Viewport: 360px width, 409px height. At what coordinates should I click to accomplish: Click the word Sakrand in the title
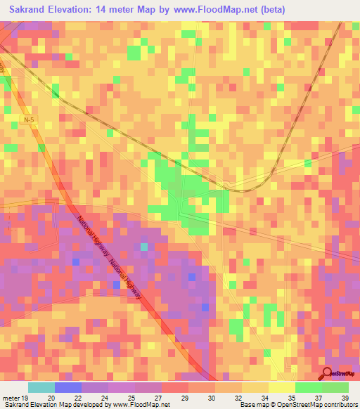(30, 9)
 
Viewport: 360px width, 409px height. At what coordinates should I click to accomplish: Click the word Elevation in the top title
(80, 9)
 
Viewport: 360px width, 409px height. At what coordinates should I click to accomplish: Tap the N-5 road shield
(27, 122)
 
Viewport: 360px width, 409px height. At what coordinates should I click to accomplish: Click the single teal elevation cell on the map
(143, 247)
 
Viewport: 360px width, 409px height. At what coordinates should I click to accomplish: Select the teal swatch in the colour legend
(41, 387)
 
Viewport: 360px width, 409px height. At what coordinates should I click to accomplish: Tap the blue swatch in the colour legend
(68, 387)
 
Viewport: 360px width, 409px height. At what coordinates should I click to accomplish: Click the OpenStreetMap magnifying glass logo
(328, 374)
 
